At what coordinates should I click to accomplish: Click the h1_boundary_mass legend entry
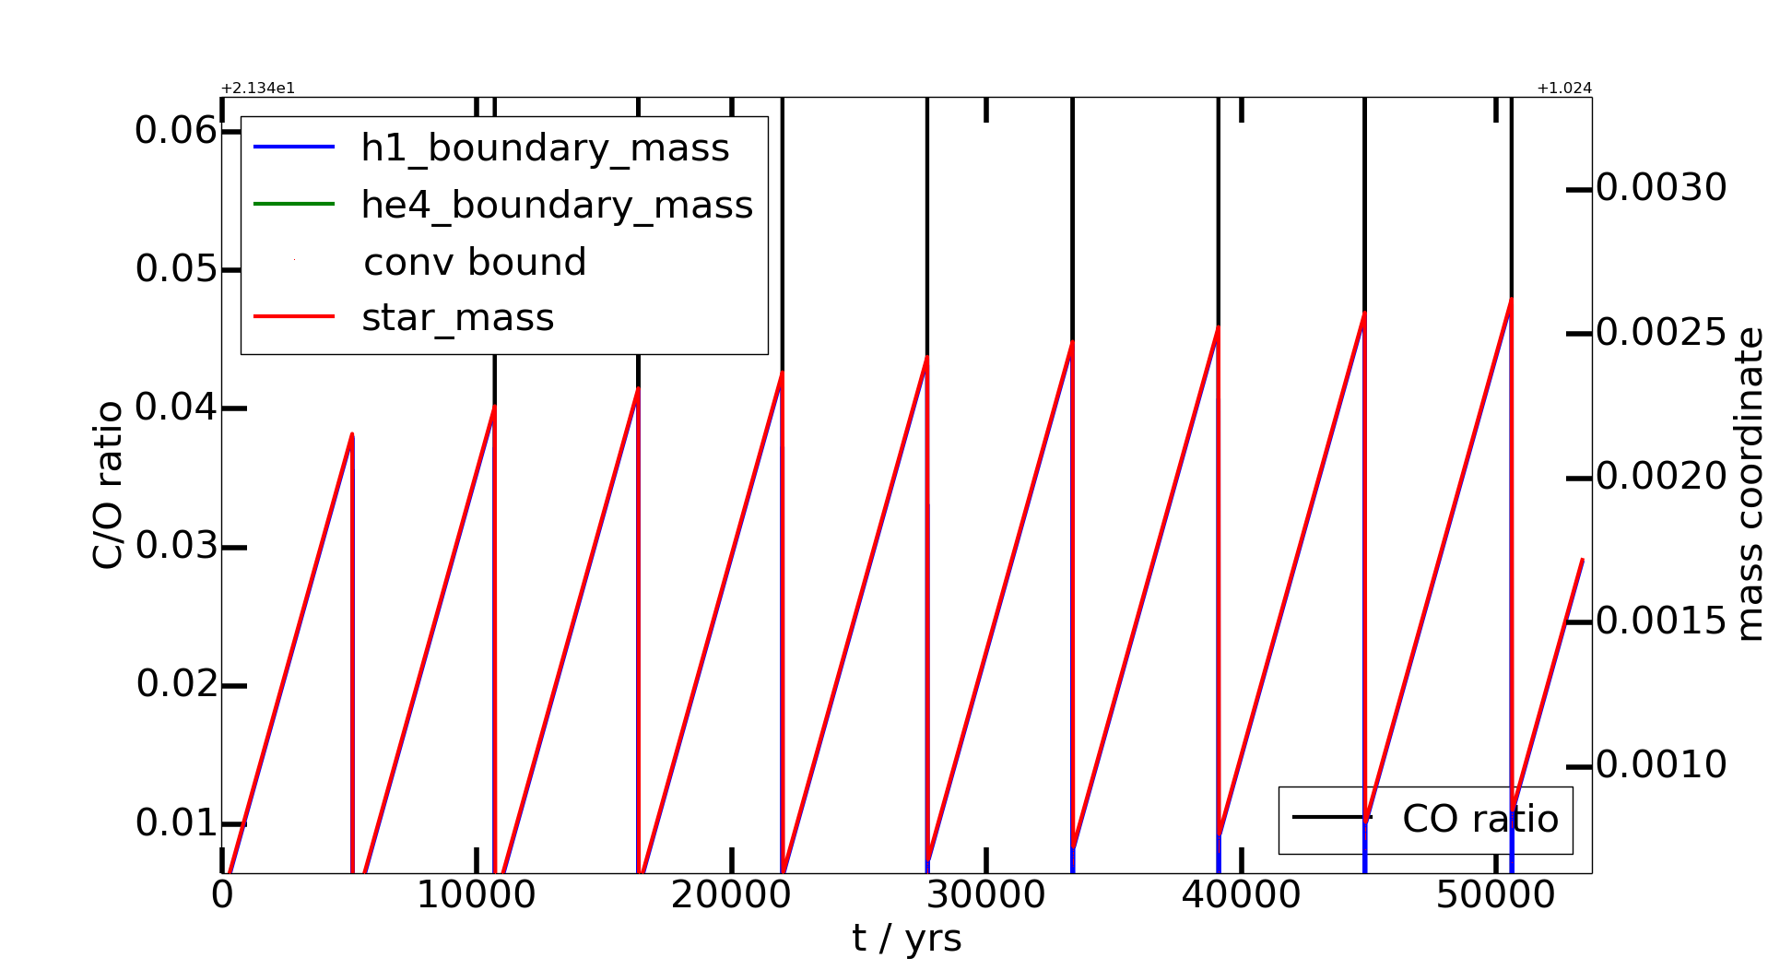pos(545,148)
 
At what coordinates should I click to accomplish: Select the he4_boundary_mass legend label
pos(557,205)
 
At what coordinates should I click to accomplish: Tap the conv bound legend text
pos(475,262)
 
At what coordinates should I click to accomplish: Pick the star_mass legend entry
pos(457,318)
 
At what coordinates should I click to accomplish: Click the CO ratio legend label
pos(1479,819)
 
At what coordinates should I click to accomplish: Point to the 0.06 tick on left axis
pos(176,130)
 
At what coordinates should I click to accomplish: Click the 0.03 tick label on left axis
pos(176,546)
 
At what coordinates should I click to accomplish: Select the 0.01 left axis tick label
pos(176,823)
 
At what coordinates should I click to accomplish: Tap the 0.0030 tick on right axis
pos(1661,188)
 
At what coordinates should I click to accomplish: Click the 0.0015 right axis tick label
pos(1661,621)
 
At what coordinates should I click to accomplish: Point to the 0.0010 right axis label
pos(1661,765)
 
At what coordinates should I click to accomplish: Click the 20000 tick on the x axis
pos(731,895)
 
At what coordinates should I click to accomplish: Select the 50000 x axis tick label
pos(1495,895)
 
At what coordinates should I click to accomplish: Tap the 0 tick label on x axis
pos(222,895)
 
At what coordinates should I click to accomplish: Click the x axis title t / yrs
pos(907,940)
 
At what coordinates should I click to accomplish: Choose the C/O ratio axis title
pos(108,485)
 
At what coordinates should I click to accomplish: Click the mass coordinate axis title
pos(1749,484)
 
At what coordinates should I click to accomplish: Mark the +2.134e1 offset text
pos(258,89)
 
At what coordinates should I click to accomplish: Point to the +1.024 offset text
pos(1564,89)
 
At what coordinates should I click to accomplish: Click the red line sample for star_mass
pos(294,317)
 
